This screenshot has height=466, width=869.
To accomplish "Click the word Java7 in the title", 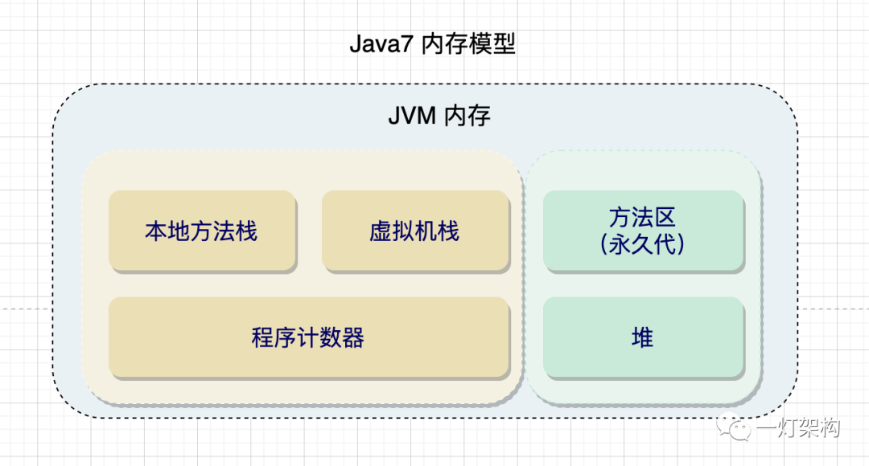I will point(381,44).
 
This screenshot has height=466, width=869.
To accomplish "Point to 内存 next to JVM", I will point(467,117).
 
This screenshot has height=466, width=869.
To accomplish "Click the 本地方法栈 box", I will point(201,231).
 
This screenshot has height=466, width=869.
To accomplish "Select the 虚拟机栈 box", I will point(415,231).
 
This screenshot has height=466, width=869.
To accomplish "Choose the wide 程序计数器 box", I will point(308,337).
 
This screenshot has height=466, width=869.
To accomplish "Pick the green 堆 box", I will point(642,337).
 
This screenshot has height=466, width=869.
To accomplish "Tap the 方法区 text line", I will point(642,218).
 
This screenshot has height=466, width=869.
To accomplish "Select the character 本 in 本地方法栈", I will point(156,232).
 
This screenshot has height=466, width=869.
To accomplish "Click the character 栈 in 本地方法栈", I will point(246,232).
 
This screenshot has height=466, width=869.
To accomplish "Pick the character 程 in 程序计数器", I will point(263,338).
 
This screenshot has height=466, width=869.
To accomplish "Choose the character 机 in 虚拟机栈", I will point(426,232).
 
